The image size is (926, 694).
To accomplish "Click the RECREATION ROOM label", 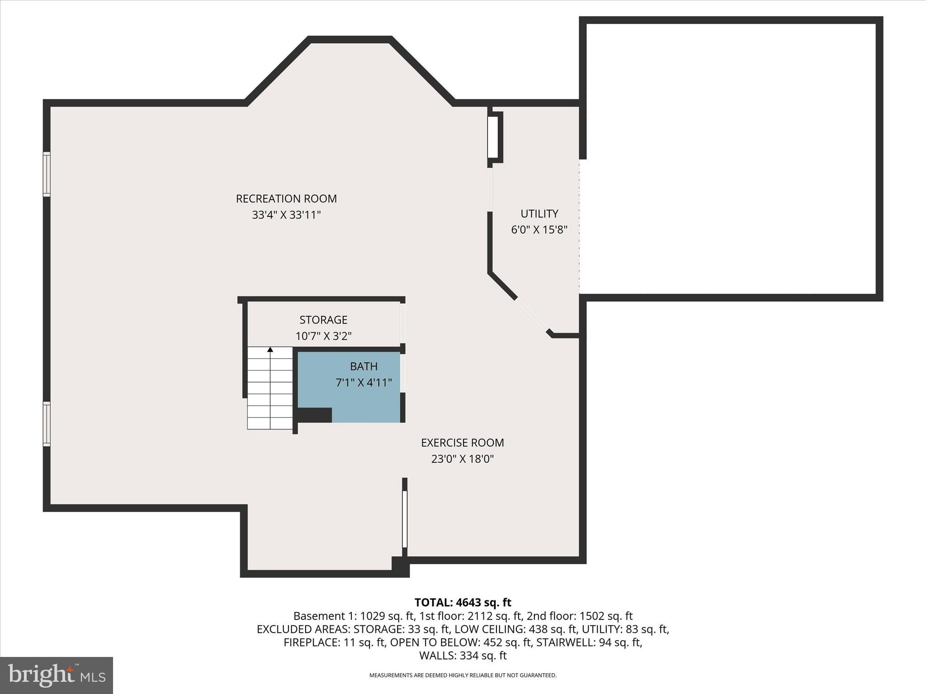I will (286, 198).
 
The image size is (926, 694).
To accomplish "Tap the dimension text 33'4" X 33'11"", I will (286, 215).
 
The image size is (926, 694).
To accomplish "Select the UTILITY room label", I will (539, 213).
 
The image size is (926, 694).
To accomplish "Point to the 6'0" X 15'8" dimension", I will (539, 230).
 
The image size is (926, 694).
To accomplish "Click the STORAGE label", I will (323, 319).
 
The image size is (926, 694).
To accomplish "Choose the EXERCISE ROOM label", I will (462, 442).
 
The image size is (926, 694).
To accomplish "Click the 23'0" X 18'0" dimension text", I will (462, 459).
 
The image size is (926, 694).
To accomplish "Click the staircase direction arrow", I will (270, 349).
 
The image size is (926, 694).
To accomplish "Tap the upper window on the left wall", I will (47, 174).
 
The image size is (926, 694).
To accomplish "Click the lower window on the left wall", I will (47, 424).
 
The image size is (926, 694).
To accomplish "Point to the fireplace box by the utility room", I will (494, 137).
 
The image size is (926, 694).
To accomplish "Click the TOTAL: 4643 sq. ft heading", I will (463, 602).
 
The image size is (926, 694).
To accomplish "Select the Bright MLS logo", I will (57, 675).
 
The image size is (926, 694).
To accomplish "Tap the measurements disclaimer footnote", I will (463, 675).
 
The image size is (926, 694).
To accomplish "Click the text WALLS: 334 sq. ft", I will (463, 655).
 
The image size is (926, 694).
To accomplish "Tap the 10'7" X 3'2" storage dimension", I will (323, 336).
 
